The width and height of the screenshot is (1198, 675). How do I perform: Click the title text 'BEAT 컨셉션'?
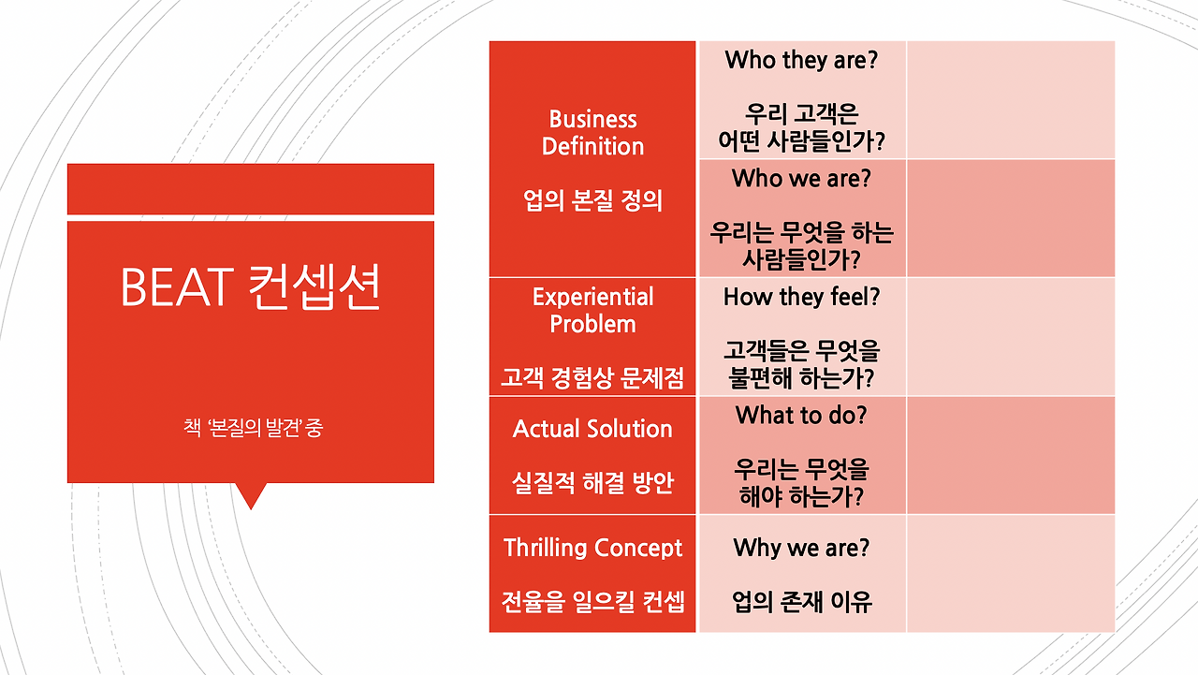coord(250,287)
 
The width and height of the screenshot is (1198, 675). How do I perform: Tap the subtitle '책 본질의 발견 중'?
coord(254,430)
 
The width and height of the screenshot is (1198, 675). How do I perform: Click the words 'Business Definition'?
coord(592,133)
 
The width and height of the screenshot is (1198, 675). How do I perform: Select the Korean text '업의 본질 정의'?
coord(592,200)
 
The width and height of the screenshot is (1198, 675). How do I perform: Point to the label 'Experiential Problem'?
coord(592,311)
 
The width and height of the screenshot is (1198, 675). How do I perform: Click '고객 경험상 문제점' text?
coord(592,378)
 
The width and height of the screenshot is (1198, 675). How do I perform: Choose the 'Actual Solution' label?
coord(592,429)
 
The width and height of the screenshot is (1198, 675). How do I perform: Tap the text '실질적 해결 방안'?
coord(592,483)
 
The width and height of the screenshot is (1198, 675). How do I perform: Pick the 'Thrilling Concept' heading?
coord(592,548)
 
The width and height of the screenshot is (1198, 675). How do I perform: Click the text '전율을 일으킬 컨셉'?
coord(592,601)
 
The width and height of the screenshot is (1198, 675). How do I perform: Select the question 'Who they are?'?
coord(801,61)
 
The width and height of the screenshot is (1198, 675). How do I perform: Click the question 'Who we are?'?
coord(801,178)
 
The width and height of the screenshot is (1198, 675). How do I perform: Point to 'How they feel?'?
coord(801,298)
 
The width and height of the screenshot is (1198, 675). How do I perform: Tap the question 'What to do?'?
coord(801,415)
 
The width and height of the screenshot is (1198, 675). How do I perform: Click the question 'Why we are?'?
coord(801,548)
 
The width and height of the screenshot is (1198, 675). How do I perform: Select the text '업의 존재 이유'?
coord(801,601)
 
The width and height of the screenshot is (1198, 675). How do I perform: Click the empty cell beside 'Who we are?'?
coord(1011,218)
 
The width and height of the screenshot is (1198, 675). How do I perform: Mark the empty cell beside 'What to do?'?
coord(1011,455)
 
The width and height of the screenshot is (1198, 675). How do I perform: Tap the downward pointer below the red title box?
coord(251,493)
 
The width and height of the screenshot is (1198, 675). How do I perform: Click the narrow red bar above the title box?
coord(250,189)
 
